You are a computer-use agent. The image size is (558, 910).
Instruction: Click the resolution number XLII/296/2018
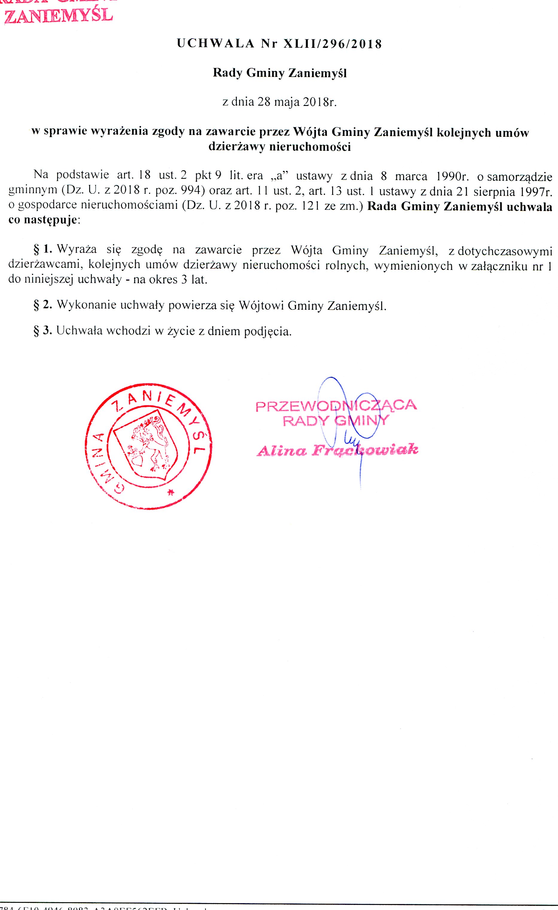pyautogui.click(x=332, y=44)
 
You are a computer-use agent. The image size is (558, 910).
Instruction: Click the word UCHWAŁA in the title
pyautogui.click(x=215, y=44)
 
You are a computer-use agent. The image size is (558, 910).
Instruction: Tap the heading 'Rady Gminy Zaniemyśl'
pyautogui.click(x=279, y=73)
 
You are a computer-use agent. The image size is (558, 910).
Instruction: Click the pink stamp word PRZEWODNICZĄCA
pyautogui.click(x=336, y=405)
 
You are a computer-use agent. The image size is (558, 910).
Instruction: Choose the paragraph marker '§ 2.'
pyautogui.click(x=43, y=305)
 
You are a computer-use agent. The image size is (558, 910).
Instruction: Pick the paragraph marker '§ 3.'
pyautogui.click(x=43, y=331)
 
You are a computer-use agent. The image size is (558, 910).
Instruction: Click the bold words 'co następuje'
pyautogui.click(x=42, y=221)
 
